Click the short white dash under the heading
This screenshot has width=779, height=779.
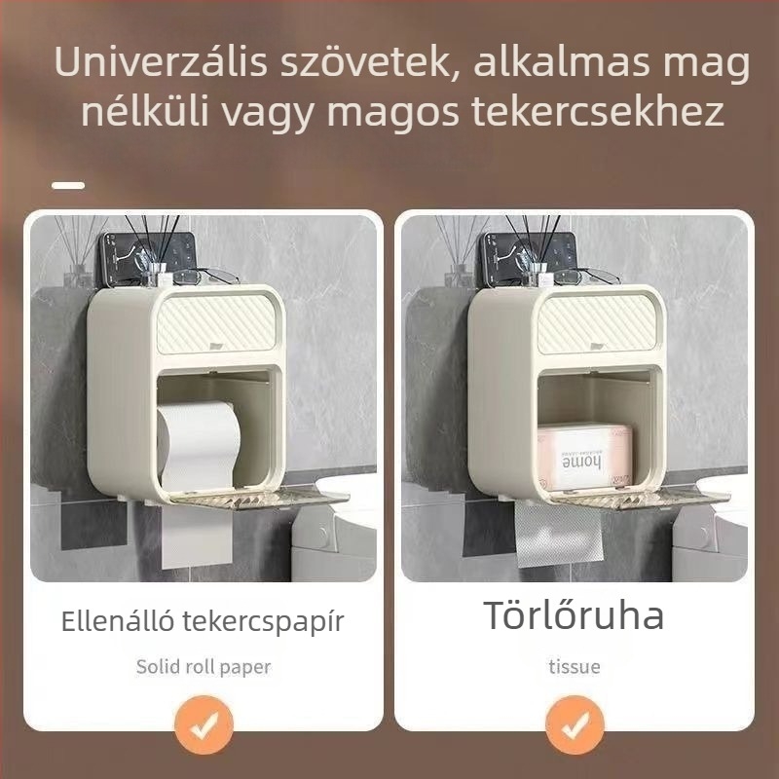point(68,184)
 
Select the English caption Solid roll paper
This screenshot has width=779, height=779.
point(203,667)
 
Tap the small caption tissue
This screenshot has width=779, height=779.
point(574,667)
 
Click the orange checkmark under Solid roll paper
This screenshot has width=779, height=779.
point(204,725)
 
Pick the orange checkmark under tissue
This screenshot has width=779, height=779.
point(575,725)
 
